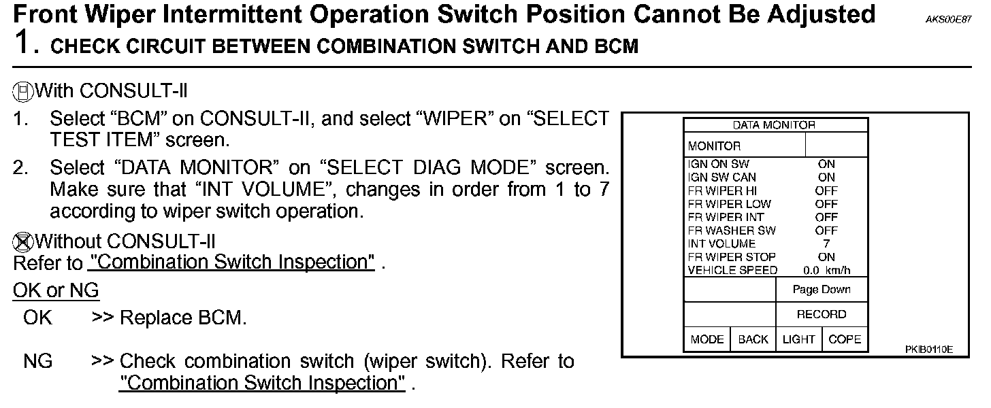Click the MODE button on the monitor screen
click(706, 339)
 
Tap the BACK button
click(753, 339)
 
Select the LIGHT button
click(798, 339)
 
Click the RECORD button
click(822, 314)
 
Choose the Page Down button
click(822, 290)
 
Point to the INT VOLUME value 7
click(826, 243)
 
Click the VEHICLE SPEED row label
click(732, 270)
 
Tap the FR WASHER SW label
click(732, 231)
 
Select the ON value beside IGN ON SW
click(826, 164)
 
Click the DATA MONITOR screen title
click(774, 125)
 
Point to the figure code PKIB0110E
click(928, 350)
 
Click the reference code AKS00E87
click(948, 20)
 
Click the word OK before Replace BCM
click(37, 318)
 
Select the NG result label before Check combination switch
click(37, 361)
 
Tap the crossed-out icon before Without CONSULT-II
click(22, 241)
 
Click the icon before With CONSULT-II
click(22, 90)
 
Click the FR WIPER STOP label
click(732, 257)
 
